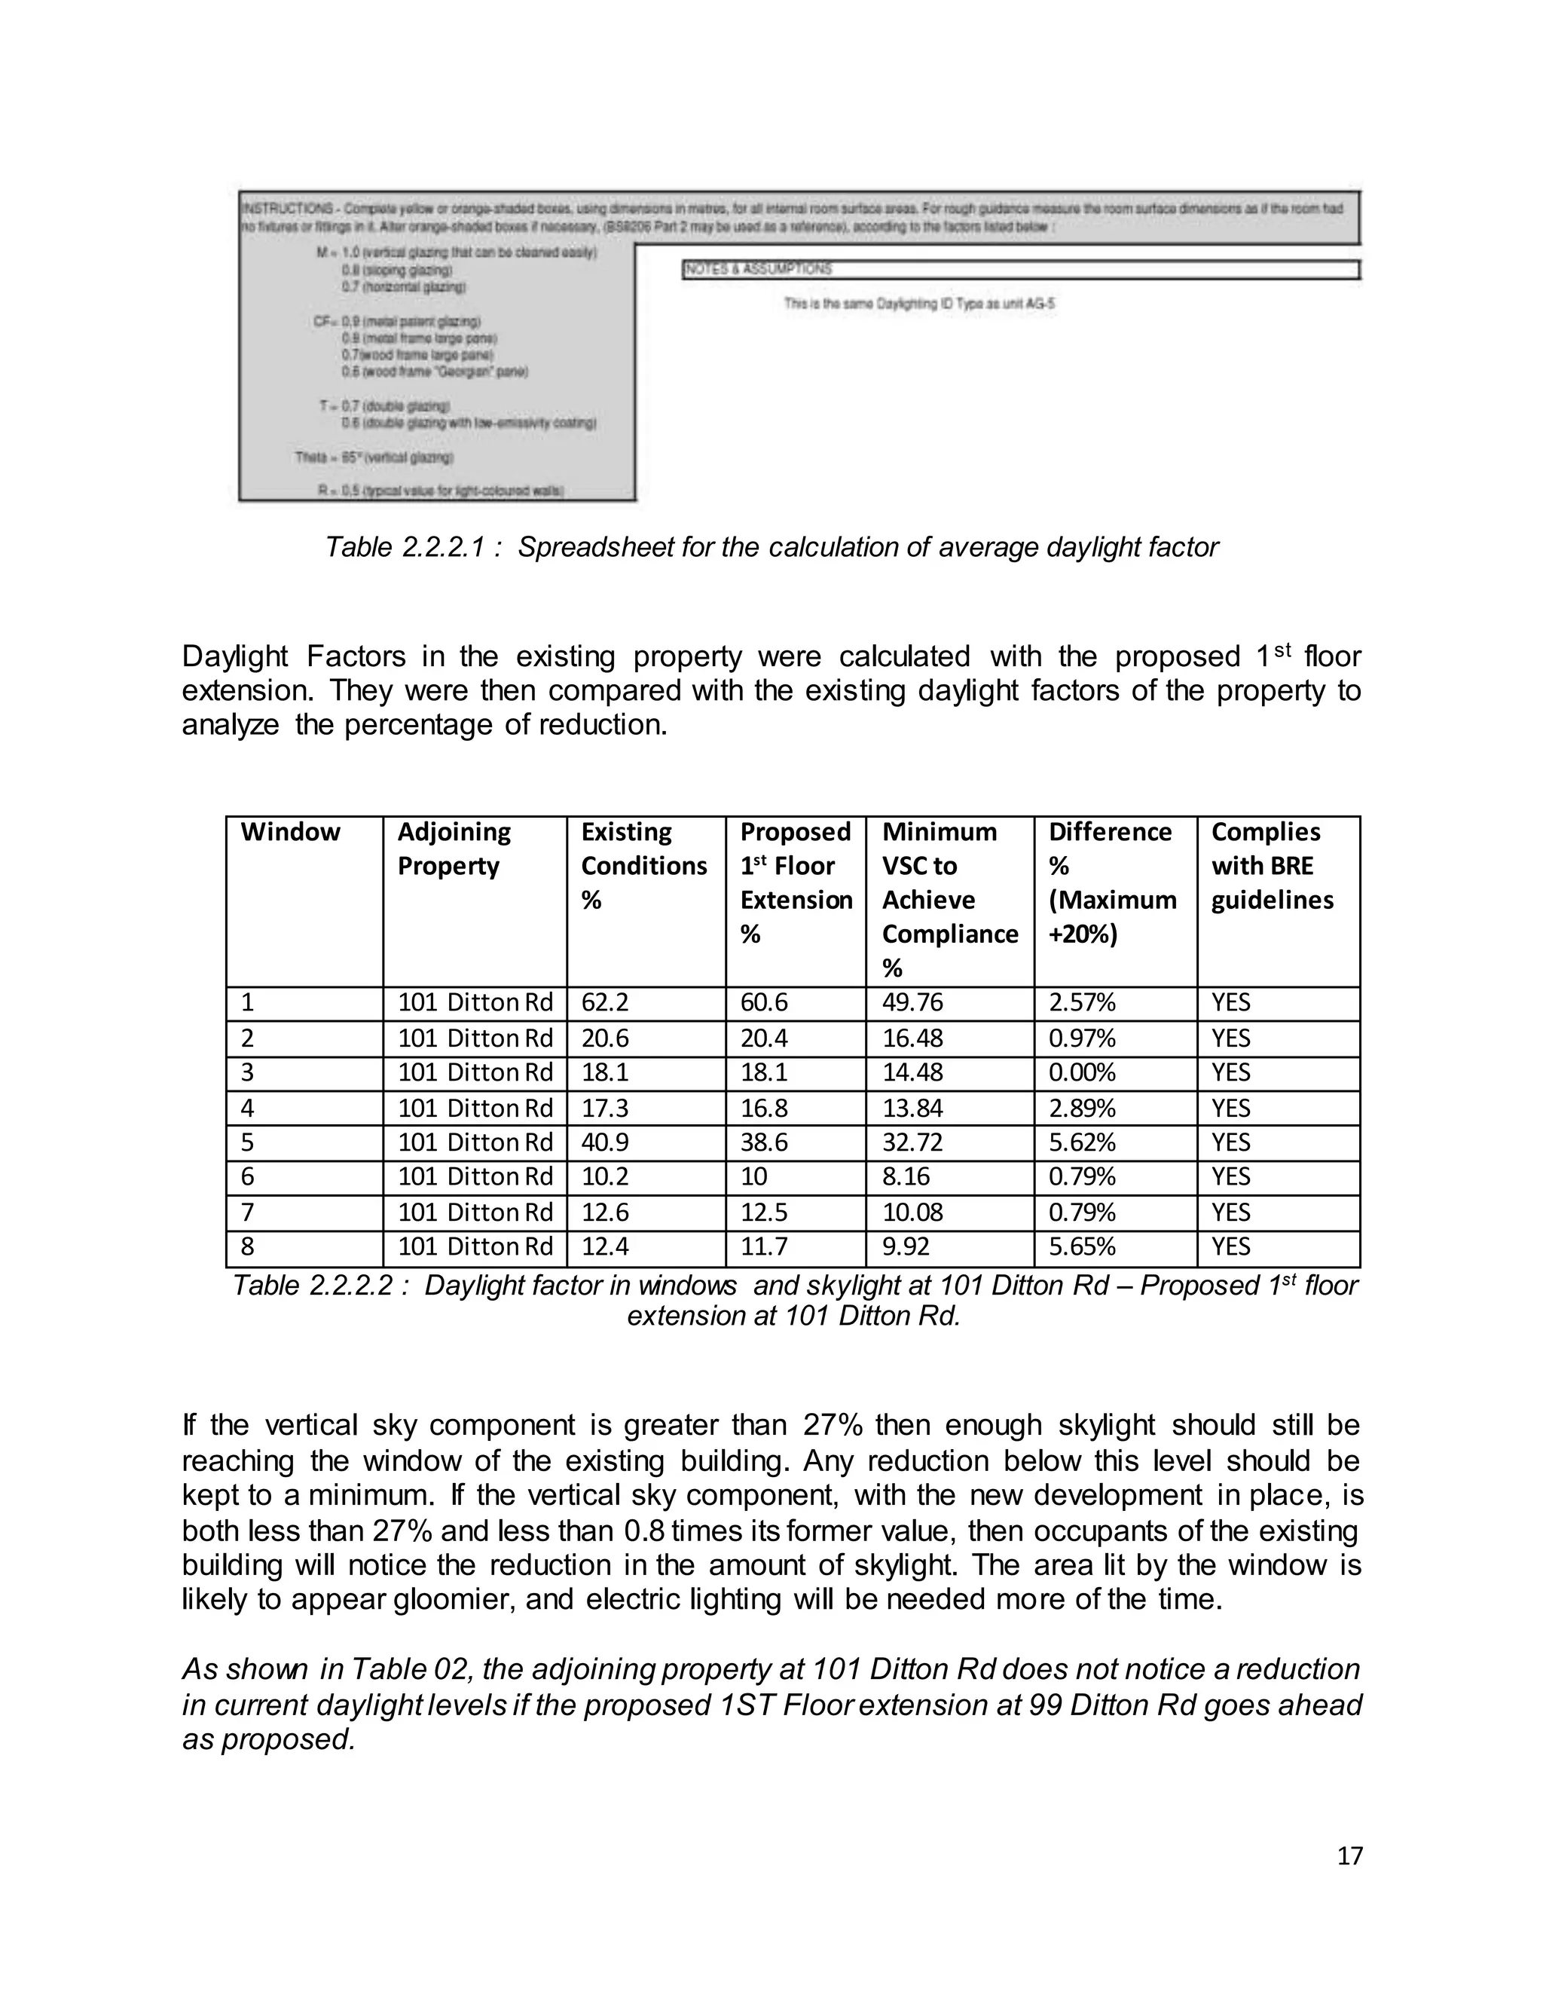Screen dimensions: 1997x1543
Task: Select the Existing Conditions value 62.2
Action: tap(604, 1003)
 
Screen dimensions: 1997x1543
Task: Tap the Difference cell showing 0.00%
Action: tap(1081, 1072)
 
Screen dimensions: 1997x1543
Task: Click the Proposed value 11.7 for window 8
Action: tap(763, 1246)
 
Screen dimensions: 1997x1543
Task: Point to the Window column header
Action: tap(290, 832)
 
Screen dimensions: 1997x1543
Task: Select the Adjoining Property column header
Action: tap(454, 849)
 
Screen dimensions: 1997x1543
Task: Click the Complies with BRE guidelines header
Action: tap(1272, 866)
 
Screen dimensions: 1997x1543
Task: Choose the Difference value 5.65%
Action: tap(1081, 1246)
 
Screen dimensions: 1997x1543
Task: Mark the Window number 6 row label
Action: tap(247, 1177)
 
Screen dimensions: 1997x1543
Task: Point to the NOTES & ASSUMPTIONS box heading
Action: tap(758, 269)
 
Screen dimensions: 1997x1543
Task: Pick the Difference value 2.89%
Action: tap(1081, 1109)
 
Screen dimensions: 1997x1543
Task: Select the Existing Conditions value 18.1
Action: tap(604, 1072)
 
